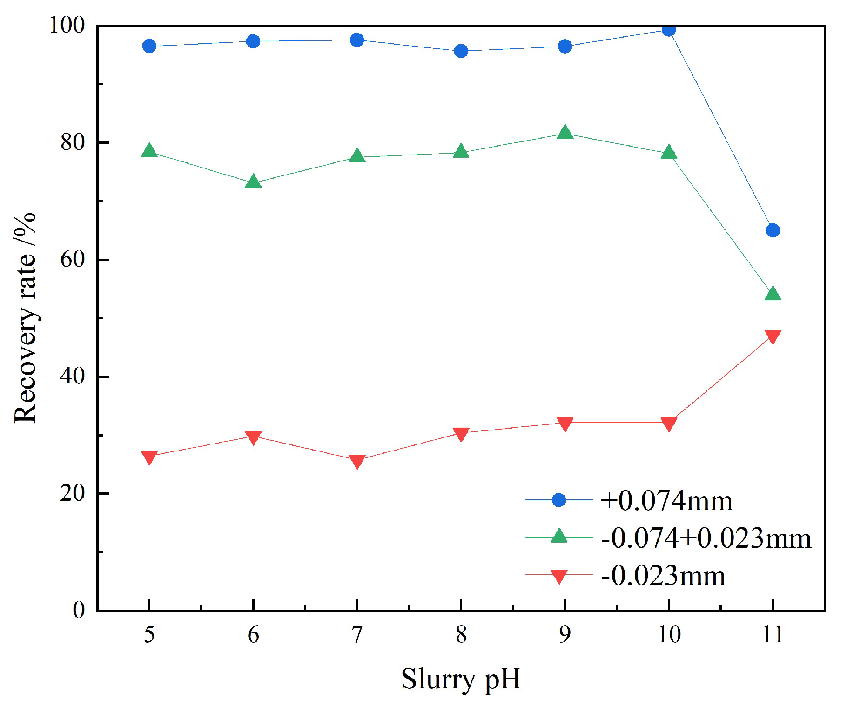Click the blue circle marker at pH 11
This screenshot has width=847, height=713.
773,230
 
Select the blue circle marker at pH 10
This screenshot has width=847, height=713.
669,30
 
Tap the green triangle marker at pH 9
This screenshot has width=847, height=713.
565,133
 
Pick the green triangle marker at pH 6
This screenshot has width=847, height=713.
253,182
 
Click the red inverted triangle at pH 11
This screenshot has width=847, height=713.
773,336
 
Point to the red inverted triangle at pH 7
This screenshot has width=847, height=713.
357,461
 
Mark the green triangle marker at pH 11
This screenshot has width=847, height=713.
773,294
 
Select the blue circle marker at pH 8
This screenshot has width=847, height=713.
461,51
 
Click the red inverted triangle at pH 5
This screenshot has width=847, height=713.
149,457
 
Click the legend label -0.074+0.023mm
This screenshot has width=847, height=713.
706,538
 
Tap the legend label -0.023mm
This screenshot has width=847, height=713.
663,576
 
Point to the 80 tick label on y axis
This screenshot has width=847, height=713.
73,142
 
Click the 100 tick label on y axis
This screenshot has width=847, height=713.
67,25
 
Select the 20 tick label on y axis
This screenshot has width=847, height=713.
73,493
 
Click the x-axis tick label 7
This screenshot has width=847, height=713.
357,634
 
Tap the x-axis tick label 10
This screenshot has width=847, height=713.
669,634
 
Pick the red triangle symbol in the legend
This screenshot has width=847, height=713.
558,577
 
